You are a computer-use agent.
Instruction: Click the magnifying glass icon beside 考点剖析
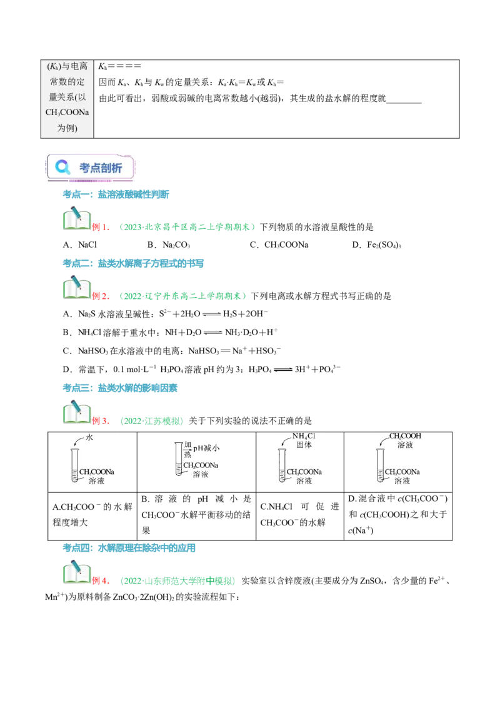pos(62,167)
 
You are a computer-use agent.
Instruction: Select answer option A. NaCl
pos(80,245)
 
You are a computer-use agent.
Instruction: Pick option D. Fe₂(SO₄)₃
pos(376,245)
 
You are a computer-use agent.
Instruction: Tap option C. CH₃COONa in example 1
pos(279,245)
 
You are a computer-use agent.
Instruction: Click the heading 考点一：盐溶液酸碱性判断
pos(116,195)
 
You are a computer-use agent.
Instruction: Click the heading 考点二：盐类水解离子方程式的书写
pos(133,264)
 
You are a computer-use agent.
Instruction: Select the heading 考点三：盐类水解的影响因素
pos(120,388)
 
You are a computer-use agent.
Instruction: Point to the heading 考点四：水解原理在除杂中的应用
pos(129,548)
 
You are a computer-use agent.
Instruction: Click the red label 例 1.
pos(101,227)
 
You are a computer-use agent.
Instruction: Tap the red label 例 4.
pos(101,580)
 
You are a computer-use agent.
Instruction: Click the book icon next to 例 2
pos(77,288)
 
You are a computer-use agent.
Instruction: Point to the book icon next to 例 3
pos(77,412)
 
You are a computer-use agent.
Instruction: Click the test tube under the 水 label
pos(74,465)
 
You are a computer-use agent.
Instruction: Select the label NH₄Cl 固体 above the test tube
pos(304,440)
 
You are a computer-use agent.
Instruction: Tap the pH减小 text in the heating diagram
pos(206,448)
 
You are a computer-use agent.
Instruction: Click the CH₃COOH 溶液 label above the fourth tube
pos(405,440)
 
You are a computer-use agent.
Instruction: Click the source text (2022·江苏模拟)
pos(152,421)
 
